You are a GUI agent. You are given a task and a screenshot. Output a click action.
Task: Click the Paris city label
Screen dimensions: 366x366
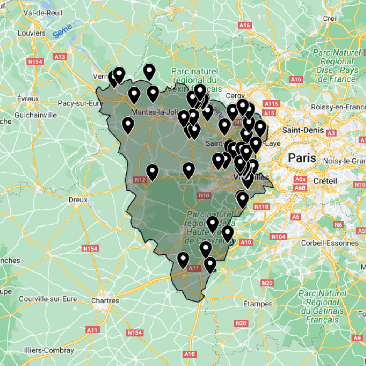[302, 158]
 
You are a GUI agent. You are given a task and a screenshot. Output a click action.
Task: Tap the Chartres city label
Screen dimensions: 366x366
[105, 301]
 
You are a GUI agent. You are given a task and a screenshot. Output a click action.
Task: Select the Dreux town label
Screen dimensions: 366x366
[78, 200]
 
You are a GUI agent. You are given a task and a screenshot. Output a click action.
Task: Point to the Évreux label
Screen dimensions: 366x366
[28, 99]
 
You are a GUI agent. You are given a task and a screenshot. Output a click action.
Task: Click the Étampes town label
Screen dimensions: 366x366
[258, 304]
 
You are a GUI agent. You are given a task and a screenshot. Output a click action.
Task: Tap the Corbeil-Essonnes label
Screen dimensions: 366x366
[329, 243]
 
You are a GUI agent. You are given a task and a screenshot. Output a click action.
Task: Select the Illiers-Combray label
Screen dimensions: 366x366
[49, 350]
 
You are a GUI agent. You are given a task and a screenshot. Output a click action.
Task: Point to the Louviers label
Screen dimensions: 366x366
[31, 33]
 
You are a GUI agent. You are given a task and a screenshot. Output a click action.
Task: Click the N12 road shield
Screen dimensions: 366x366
[140, 180]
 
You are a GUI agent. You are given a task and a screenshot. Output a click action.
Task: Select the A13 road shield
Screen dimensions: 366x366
[59, 57]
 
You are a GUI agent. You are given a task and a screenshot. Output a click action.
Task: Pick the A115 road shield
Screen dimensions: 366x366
[271, 104]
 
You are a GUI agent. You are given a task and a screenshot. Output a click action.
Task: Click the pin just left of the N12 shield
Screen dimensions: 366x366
[152, 171]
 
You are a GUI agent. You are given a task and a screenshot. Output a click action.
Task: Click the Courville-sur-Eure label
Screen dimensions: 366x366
[48, 299]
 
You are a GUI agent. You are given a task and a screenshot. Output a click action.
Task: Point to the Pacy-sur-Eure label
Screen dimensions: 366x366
[81, 104]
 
